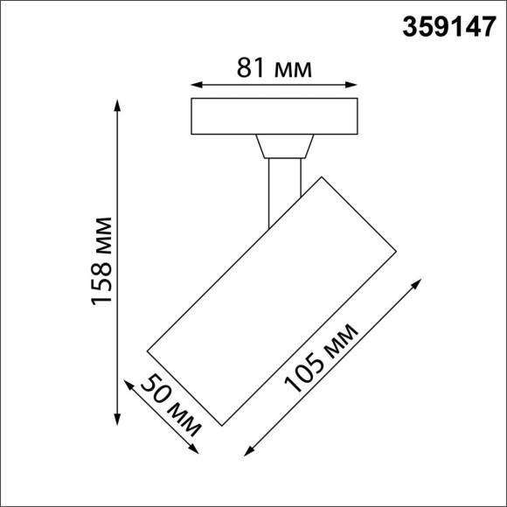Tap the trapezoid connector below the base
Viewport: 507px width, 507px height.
coord(285,147)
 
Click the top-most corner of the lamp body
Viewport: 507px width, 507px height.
coord(320,177)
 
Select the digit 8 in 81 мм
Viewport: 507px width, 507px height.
coord(245,66)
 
